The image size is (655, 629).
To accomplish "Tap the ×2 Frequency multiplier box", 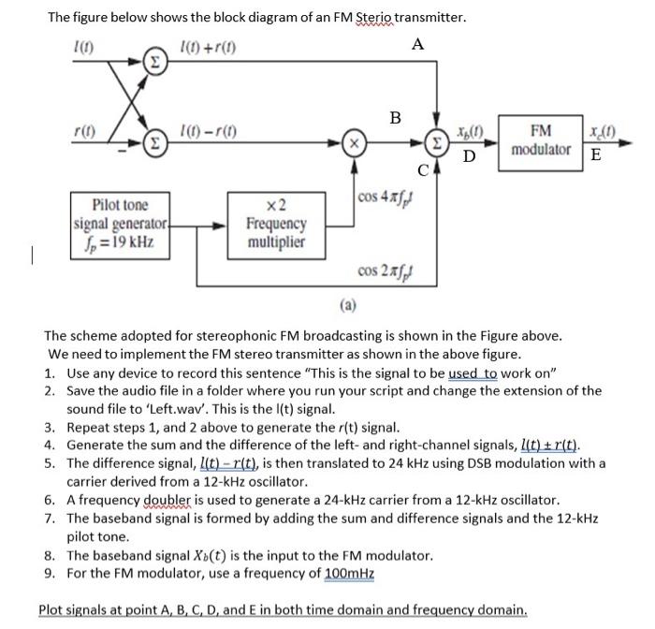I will pos(275,225).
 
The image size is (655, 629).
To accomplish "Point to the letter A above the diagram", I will pos(416,44).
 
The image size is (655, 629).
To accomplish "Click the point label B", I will pos(395,118).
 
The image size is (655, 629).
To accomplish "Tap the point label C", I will pos(423,170).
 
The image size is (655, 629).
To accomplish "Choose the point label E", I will pos(596,154).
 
